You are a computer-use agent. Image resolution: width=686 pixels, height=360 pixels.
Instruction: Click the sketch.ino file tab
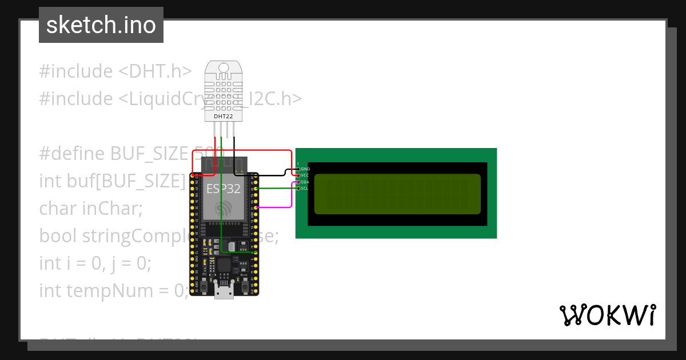tap(101, 25)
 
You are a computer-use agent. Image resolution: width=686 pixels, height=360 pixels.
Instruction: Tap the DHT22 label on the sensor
tap(223, 116)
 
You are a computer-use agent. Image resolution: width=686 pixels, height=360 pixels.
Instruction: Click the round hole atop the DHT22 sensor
tap(223, 68)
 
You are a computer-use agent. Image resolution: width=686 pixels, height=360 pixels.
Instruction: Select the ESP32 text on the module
tap(224, 189)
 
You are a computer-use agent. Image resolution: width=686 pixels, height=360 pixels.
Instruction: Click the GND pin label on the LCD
tap(305, 169)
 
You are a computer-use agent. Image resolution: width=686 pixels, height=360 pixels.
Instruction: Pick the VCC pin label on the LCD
tap(305, 175)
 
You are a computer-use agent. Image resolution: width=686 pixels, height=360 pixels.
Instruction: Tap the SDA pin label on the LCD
tap(305, 182)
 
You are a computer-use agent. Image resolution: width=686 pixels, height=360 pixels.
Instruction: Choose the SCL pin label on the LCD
tap(305, 188)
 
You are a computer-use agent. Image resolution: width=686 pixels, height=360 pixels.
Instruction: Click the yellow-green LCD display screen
tap(397, 194)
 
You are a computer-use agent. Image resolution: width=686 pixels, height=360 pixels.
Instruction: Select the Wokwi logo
tap(608, 315)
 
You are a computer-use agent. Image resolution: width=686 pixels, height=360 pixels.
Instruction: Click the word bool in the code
tap(58, 235)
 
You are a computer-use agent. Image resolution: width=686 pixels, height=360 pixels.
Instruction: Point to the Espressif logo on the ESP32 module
tap(224, 207)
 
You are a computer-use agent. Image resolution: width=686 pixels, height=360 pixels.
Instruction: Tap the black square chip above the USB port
tap(224, 265)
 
